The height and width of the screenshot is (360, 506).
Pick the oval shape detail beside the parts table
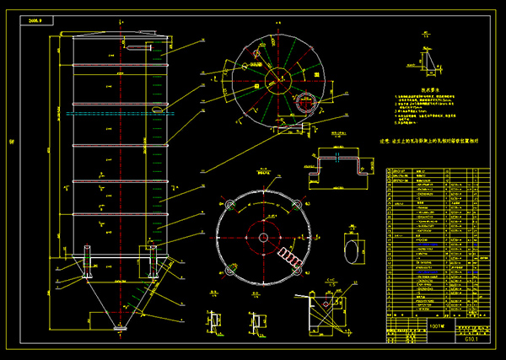coord(349,250)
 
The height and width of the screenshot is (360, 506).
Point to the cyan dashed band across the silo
coord(118,110)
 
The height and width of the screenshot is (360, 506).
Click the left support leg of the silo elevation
coord(88,261)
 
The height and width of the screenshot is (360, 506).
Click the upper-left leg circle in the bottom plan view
coord(228,202)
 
